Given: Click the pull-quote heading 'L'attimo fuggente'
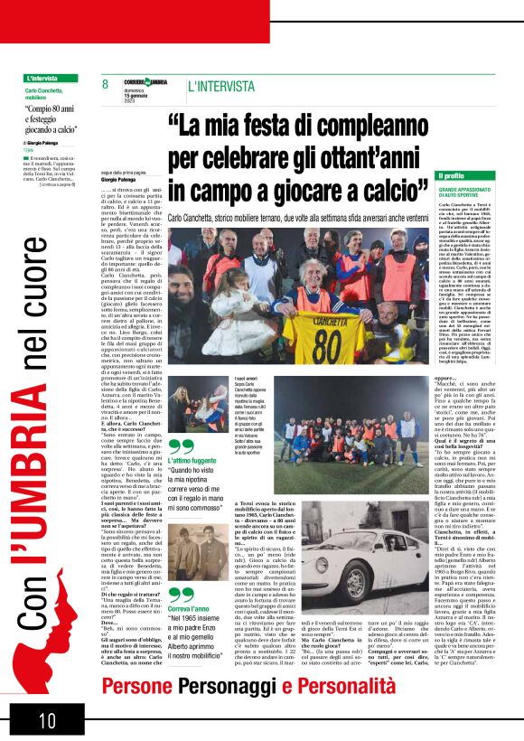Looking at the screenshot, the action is point(192,462).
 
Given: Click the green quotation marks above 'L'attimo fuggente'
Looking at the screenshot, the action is point(181,446).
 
